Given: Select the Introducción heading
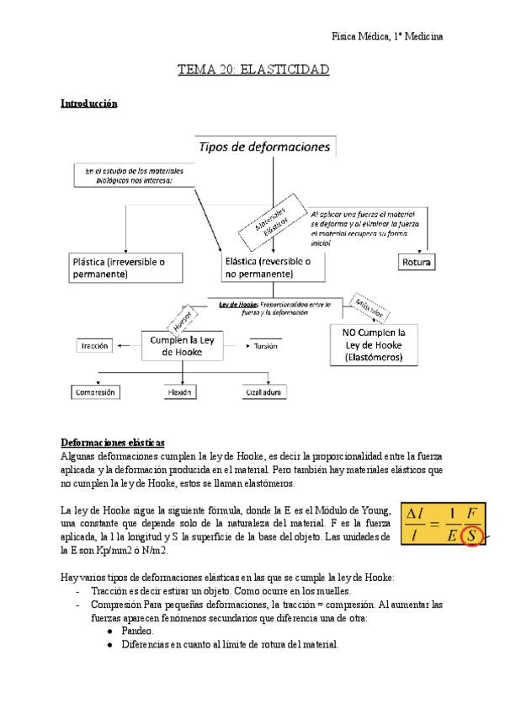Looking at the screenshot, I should pyautogui.click(x=88, y=104).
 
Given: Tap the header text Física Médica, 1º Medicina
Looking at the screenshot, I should pyautogui.click(x=388, y=36).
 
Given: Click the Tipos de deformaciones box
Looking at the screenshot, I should pyautogui.click(x=264, y=147).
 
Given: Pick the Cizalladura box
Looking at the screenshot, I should pyautogui.click(x=261, y=392).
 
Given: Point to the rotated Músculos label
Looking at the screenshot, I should pyautogui.click(x=369, y=309).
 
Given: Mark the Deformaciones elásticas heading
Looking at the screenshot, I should pyautogui.click(x=113, y=443).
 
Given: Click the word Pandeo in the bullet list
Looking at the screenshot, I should pyautogui.click(x=137, y=631).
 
